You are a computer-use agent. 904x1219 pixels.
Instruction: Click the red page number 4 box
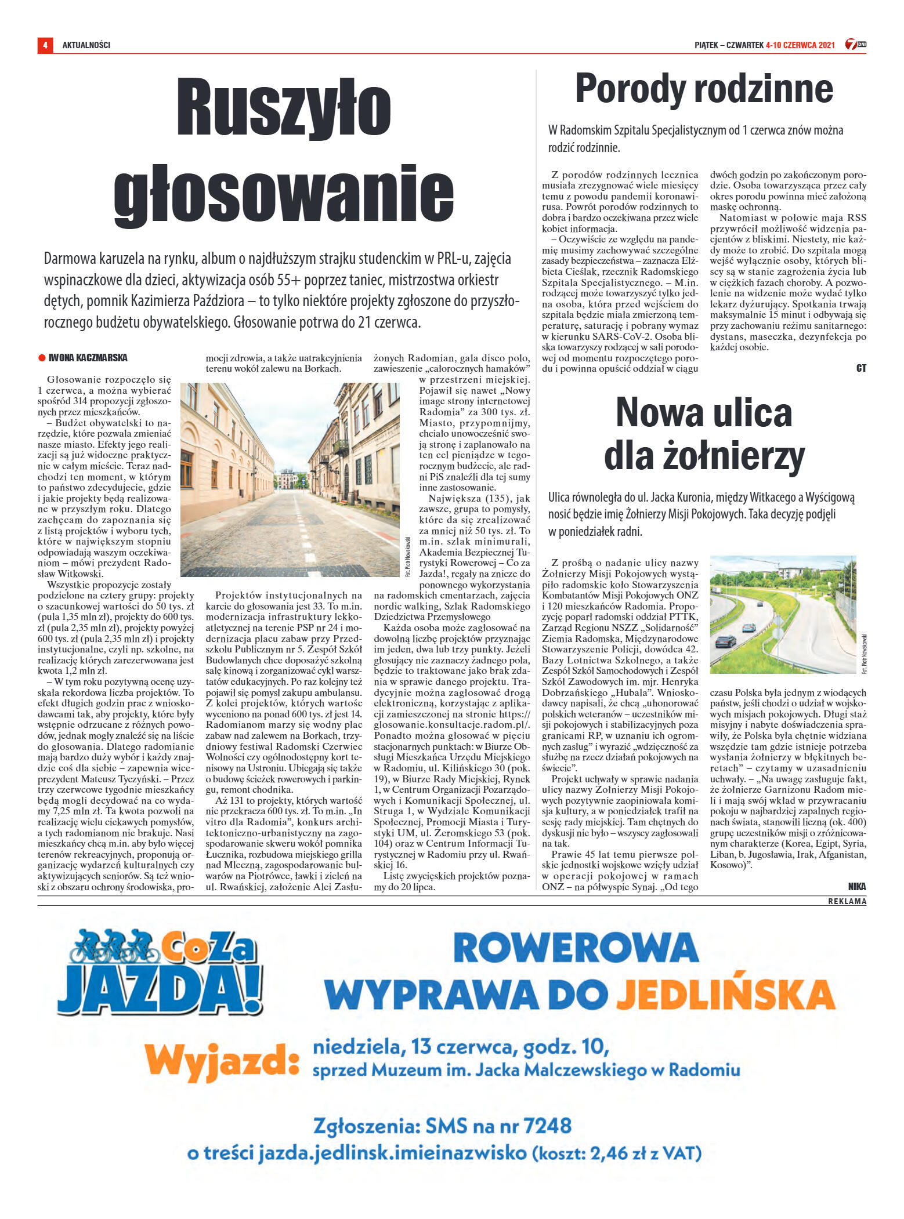(45, 45)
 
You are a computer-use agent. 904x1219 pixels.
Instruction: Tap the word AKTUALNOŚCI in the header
(86, 45)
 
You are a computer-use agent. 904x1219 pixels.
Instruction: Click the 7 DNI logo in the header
(855, 44)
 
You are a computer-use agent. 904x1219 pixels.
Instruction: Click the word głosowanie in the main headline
(283, 194)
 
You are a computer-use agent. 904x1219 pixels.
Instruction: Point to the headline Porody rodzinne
(703, 89)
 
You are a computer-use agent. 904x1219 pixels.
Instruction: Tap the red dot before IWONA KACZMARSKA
(42, 358)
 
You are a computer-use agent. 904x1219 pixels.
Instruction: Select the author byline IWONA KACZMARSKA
(88, 358)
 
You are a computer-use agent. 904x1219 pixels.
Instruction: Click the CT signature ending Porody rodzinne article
(861, 368)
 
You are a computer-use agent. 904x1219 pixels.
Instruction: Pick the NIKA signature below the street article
(856, 886)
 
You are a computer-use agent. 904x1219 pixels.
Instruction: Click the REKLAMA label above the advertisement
(847, 901)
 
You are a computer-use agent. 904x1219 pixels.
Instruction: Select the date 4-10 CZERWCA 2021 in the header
(800, 45)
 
